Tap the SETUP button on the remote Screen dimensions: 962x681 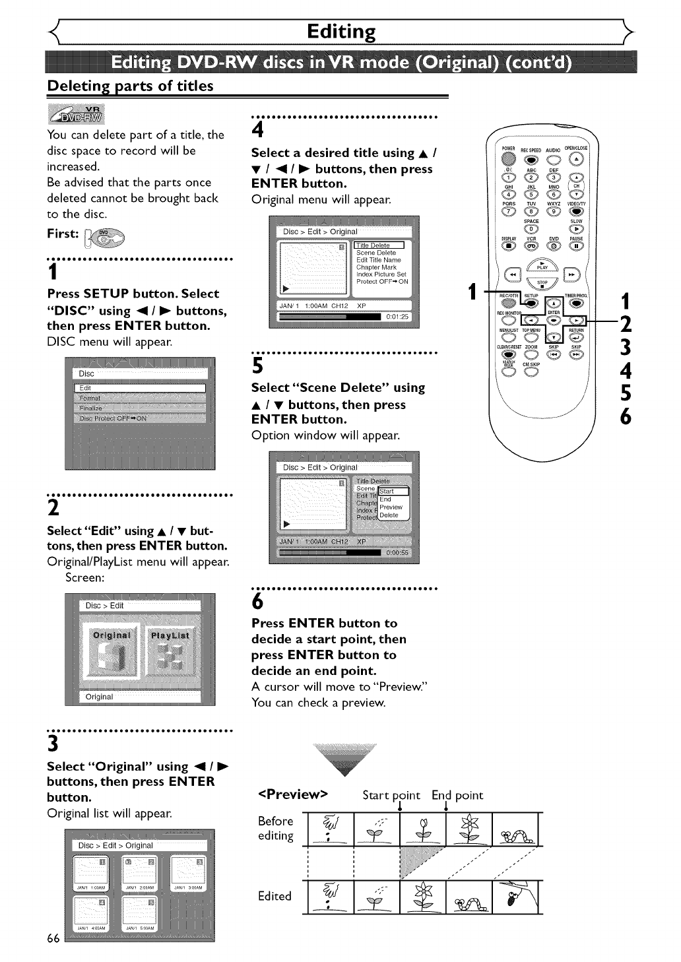(x=532, y=303)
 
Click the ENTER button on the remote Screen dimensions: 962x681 (x=553, y=320)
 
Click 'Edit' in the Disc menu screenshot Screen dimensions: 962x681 (x=139, y=388)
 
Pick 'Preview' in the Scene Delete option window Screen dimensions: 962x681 (x=391, y=507)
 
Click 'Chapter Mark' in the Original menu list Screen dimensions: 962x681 (x=377, y=267)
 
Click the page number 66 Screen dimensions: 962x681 (x=53, y=938)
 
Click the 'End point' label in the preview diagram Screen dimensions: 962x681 (x=457, y=795)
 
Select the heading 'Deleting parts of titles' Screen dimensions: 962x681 (x=130, y=86)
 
